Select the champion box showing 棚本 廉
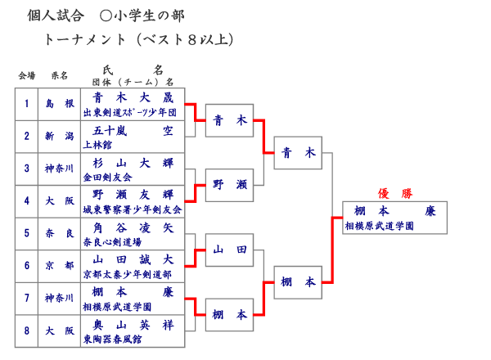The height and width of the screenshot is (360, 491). point(395,217)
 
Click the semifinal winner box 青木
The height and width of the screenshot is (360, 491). point(298,152)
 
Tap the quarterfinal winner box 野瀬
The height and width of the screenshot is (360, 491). point(229,185)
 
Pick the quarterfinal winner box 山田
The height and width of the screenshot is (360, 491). point(229,250)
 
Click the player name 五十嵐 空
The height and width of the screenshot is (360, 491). point(133,130)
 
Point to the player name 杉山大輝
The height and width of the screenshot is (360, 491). point(133,163)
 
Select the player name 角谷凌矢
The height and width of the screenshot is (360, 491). point(133,228)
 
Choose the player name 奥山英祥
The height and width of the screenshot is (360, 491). point(133,326)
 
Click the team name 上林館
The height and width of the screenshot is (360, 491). point(96,144)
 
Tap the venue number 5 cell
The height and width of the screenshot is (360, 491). point(26,233)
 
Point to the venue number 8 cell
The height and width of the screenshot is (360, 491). point(26,331)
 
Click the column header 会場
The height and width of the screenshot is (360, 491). point(27,76)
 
